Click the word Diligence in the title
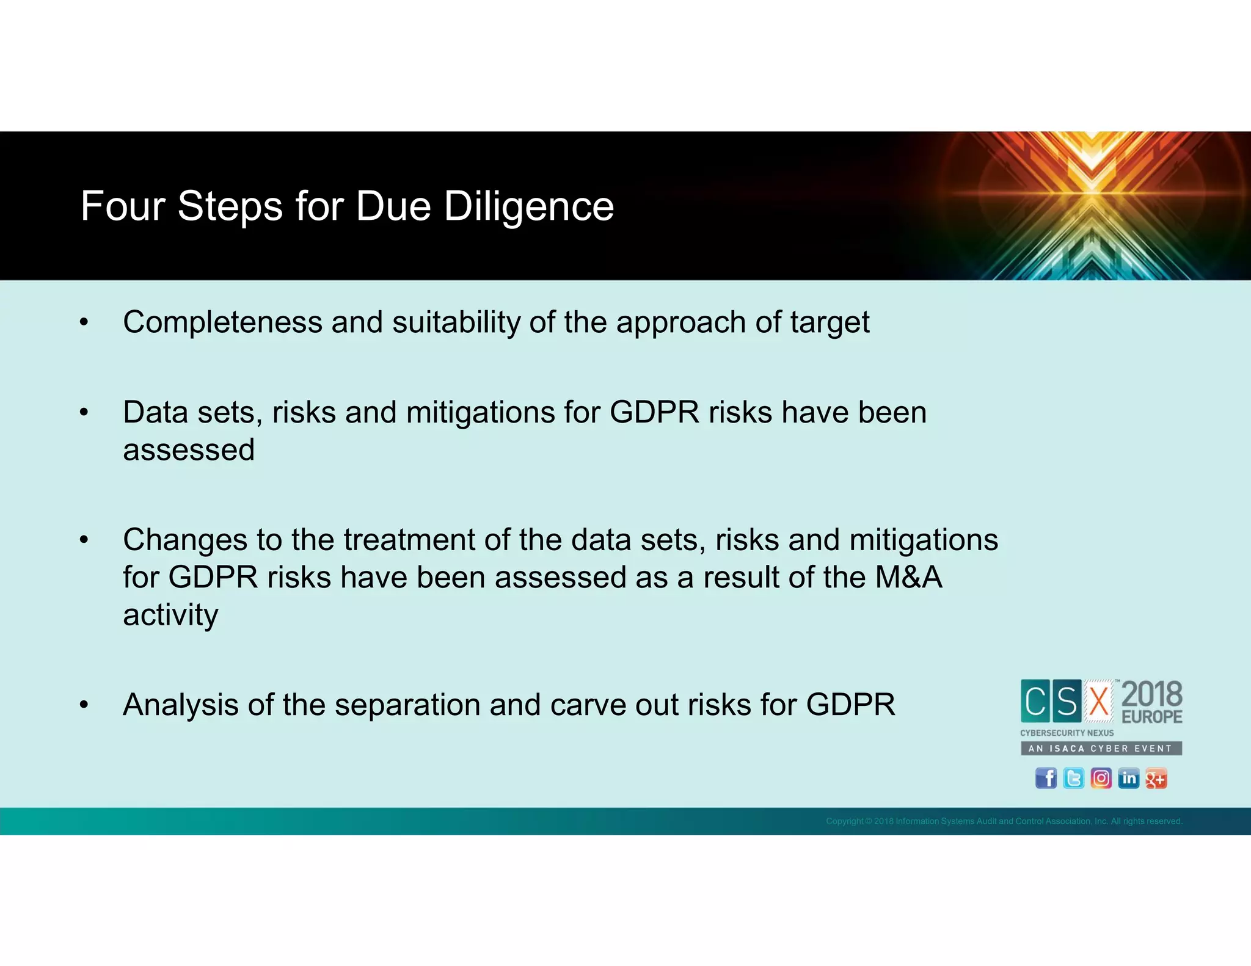point(528,206)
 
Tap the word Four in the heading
point(122,206)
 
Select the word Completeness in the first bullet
point(222,322)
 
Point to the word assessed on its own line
point(188,450)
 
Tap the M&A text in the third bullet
point(908,577)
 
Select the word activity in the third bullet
point(170,615)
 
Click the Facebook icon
point(1046,778)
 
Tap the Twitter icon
point(1073,778)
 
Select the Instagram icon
point(1101,778)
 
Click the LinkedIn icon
point(1128,778)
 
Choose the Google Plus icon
point(1156,778)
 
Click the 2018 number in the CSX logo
point(1151,694)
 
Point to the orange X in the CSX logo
point(1099,701)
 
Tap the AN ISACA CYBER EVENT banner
point(1101,748)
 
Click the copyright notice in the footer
point(1004,821)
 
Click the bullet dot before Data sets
point(84,413)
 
